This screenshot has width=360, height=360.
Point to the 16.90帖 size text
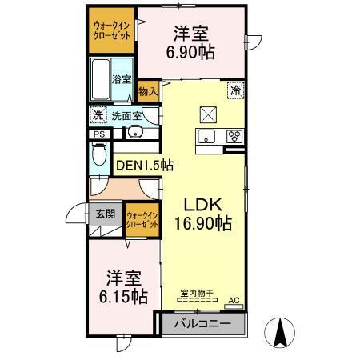coord(202,223)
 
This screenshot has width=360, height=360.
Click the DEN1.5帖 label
coord(145,166)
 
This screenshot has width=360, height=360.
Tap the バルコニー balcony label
coord(203,324)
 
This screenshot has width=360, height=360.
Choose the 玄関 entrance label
coord(106,214)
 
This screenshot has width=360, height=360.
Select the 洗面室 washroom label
coord(126,115)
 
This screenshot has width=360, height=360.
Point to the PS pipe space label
coord(98,134)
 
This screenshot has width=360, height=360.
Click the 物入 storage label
coord(148,91)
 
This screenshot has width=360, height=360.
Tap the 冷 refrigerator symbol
coord(236,91)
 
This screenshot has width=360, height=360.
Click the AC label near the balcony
coord(234,300)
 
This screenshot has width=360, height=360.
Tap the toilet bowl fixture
coord(99,158)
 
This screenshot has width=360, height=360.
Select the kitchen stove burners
coord(235,135)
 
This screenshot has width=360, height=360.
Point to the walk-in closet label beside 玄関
coord(143,220)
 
